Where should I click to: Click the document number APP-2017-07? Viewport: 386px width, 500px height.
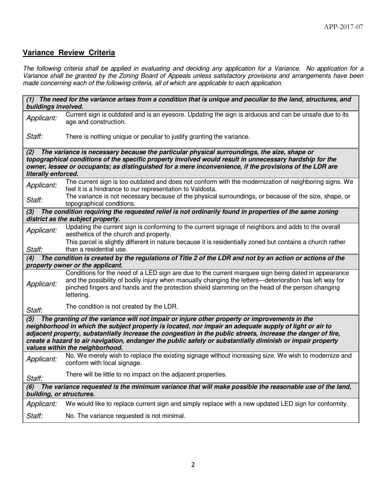[343, 27]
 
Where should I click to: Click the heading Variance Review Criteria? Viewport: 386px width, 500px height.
[69, 53]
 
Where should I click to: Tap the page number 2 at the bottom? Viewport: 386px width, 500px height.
[193, 465]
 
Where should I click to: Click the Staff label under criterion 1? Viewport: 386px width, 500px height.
[34, 137]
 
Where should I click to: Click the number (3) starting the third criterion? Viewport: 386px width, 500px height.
[30, 212]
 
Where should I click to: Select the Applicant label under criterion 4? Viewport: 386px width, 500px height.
[41, 284]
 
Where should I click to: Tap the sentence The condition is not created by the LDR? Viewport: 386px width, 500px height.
[122, 306]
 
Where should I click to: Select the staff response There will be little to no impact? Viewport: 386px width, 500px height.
[146, 374]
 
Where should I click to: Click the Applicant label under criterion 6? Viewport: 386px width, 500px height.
[41, 404]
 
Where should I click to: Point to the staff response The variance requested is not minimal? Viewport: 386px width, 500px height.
[125, 416]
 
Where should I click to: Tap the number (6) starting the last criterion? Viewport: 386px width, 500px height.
[30, 387]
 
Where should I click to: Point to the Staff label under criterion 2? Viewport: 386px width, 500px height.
[34, 200]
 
